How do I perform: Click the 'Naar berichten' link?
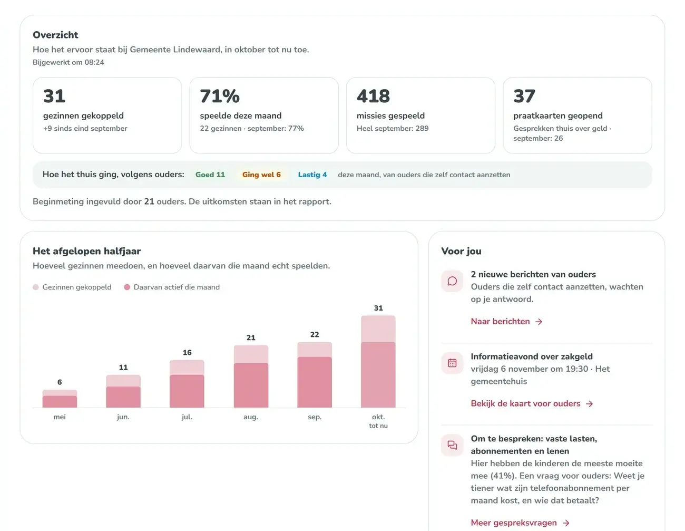(506, 321)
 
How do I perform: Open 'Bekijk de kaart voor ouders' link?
(532, 403)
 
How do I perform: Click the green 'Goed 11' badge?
(210, 175)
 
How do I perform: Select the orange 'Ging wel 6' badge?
(261, 175)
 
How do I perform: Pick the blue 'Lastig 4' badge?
(312, 175)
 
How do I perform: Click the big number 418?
(373, 96)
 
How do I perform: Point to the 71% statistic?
(220, 96)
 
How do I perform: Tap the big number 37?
(524, 96)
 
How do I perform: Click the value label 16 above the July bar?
(187, 353)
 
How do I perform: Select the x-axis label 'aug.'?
(251, 417)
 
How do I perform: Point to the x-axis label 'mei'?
(60, 417)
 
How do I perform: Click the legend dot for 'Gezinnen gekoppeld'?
(36, 287)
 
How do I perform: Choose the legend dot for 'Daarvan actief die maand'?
(127, 287)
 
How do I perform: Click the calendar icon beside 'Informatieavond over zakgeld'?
(452, 363)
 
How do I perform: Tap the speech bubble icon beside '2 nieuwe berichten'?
(452, 281)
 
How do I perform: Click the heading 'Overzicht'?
(55, 35)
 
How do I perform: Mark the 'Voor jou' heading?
(461, 251)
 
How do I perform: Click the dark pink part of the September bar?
(315, 382)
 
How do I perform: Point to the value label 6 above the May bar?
(60, 382)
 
